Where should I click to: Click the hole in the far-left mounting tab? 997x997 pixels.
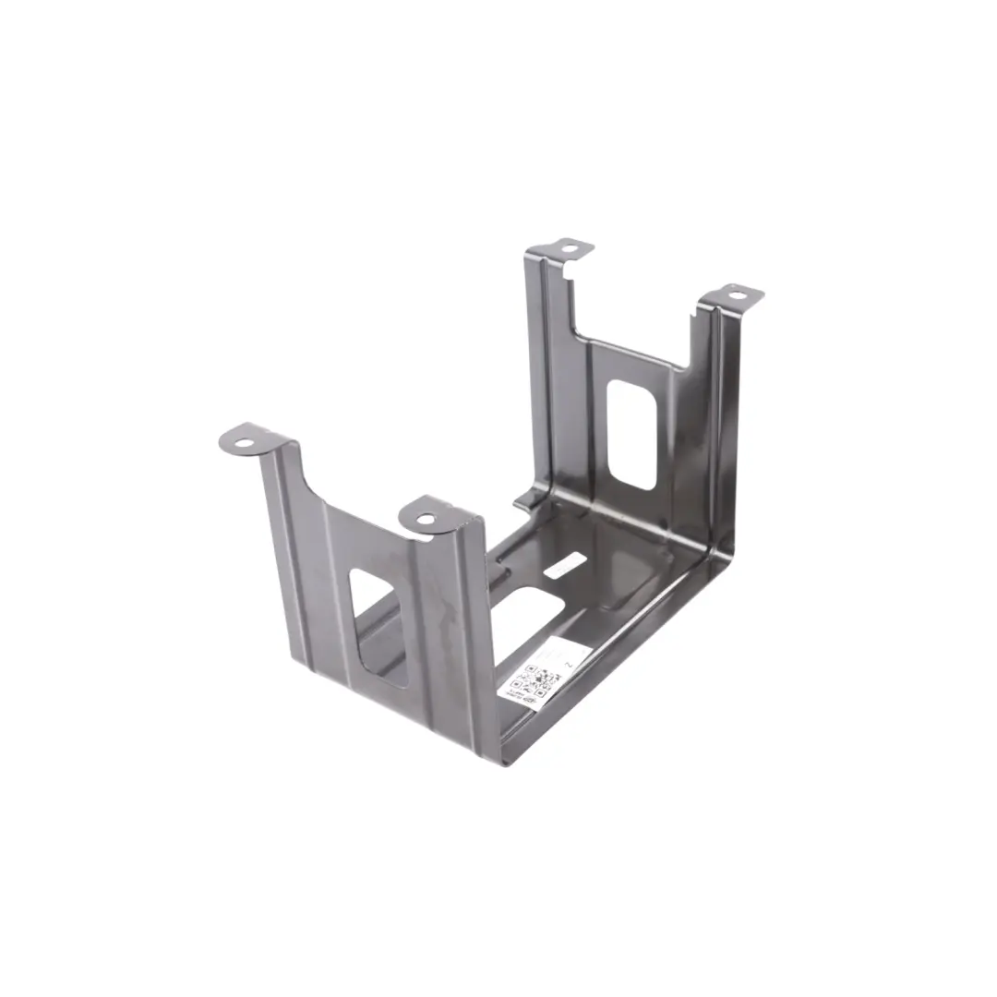[243, 444]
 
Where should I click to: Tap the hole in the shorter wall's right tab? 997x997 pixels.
[425, 519]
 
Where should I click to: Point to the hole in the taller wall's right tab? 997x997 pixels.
[736, 296]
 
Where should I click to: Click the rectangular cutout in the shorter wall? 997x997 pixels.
[378, 626]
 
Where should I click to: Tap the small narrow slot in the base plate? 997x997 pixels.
[565, 565]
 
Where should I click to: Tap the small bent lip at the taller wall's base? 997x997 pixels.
[523, 501]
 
